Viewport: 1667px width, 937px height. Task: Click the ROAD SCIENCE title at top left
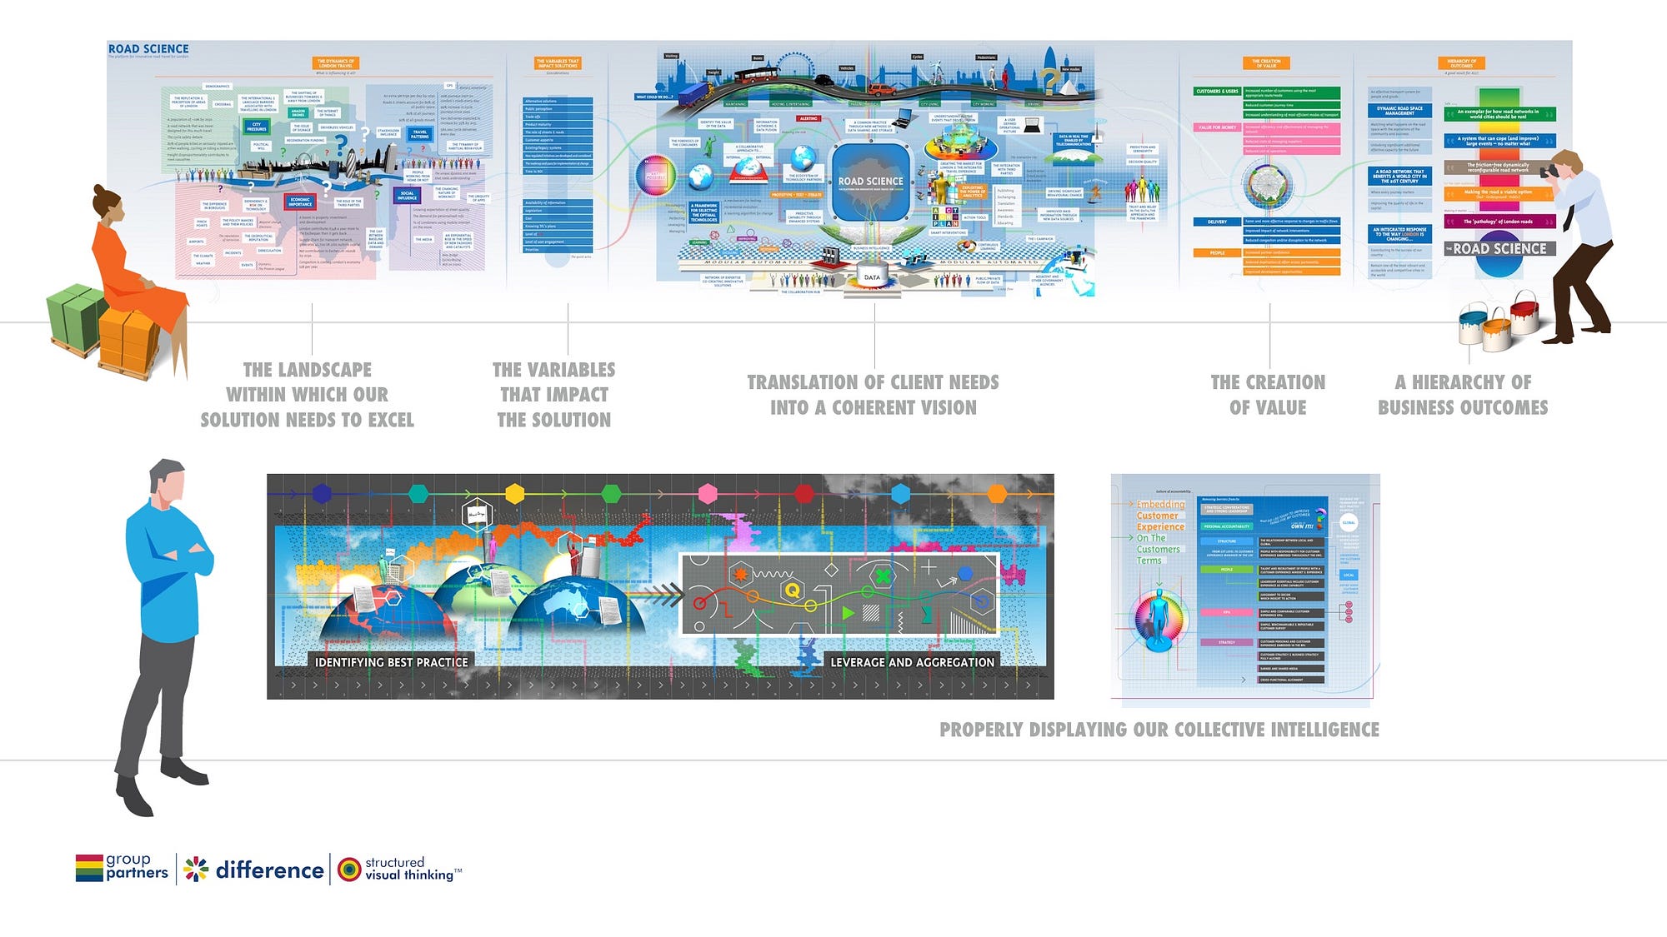148,49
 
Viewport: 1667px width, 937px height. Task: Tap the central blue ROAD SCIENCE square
870,182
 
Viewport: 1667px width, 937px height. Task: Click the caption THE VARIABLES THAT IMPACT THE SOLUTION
554,395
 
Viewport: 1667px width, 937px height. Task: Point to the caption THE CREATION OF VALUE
1268,395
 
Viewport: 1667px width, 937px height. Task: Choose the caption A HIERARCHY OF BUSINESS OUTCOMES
1463,395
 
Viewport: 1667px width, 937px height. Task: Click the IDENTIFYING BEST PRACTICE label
391,662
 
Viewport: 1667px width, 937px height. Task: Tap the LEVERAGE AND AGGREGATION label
912,662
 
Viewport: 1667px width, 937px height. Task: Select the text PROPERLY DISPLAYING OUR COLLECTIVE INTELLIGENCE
1159,730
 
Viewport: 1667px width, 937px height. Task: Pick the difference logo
254,870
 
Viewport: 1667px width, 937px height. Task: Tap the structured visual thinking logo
398,869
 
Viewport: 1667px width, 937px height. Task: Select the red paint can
1524,313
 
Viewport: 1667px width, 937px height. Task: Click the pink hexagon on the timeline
708,494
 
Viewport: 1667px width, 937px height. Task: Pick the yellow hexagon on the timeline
515,494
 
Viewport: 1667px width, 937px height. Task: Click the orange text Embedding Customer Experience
1160,516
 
